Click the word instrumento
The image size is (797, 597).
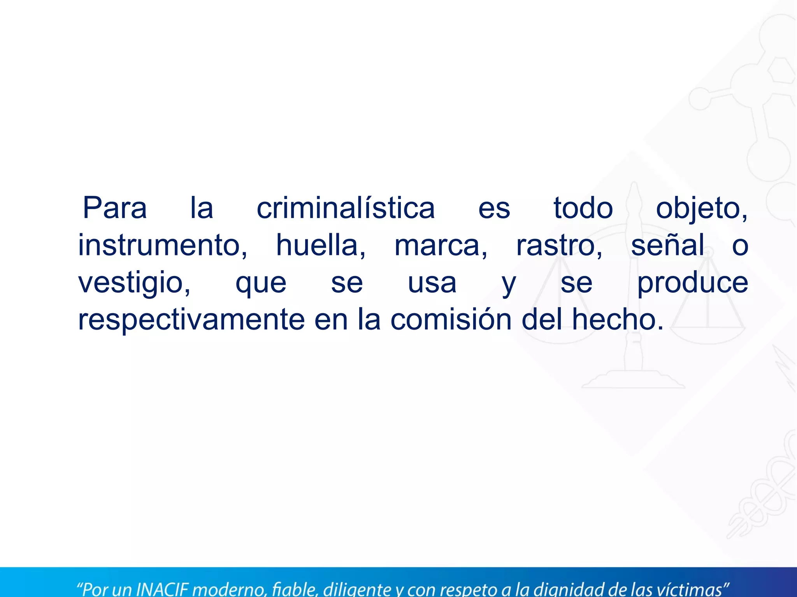(x=162, y=245)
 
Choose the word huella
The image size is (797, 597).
(x=321, y=245)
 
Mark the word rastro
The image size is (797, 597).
(x=559, y=246)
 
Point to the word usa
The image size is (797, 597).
(x=432, y=283)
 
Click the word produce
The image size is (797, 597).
(x=692, y=283)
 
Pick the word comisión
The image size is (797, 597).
(x=451, y=319)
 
